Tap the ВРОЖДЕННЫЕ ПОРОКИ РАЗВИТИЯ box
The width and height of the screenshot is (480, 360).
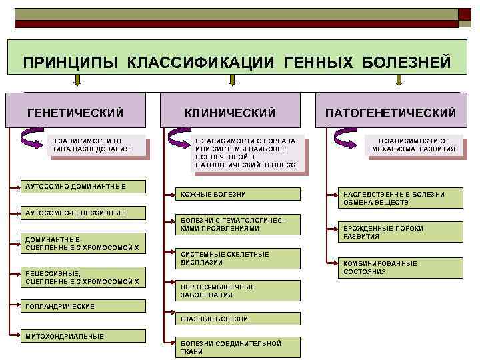(400, 232)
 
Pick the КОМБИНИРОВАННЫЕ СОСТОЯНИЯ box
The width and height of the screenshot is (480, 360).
(400, 267)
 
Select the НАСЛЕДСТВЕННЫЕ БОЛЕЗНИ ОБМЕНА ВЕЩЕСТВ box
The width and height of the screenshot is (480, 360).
(400, 198)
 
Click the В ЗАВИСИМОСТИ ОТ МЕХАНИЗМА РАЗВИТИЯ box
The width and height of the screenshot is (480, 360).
(413, 145)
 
